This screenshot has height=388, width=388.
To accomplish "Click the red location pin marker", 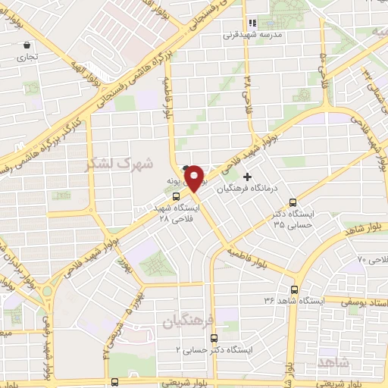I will point(195,178).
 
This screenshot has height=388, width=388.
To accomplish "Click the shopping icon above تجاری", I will point(28,45).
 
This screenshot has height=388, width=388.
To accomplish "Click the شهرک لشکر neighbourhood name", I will point(120,163).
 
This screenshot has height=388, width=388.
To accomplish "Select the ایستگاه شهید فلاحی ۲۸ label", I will point(175,212).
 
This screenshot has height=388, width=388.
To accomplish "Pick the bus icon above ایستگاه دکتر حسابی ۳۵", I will point(293,202).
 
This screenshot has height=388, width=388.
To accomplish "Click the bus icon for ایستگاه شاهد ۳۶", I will point(295,289).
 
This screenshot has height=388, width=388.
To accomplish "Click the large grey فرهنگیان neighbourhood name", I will point(184,322).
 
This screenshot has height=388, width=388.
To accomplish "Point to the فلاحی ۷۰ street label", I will point(371,259).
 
